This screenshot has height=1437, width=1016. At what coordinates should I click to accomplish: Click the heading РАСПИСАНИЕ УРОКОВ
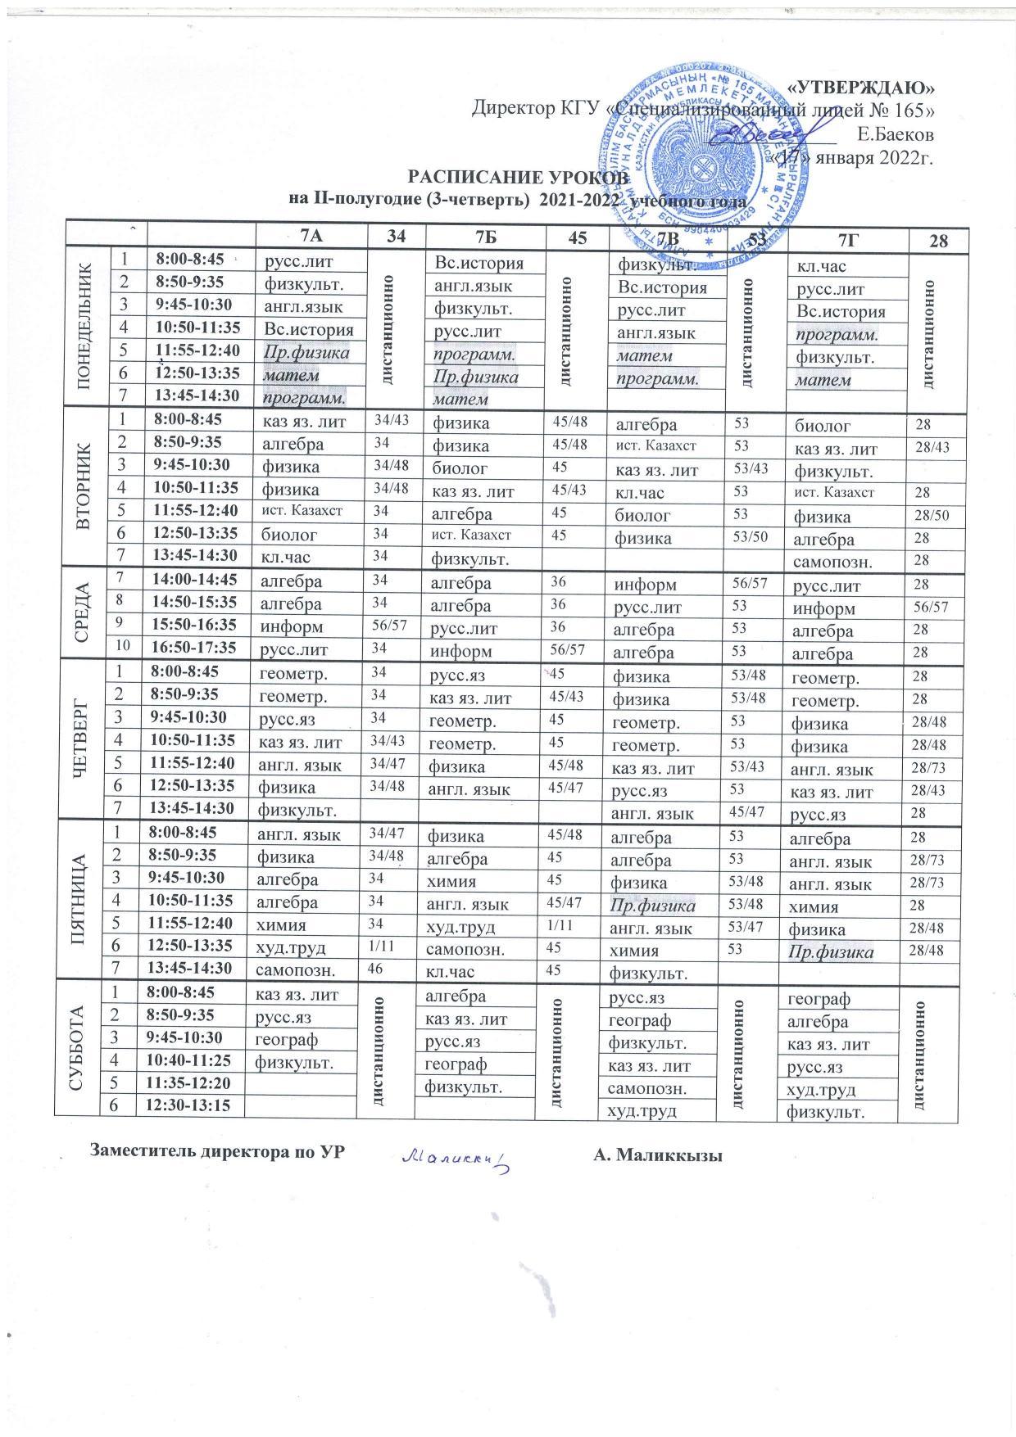(x=519, y=178)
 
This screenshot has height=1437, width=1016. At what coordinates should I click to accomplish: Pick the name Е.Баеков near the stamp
(x=895, y=132)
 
